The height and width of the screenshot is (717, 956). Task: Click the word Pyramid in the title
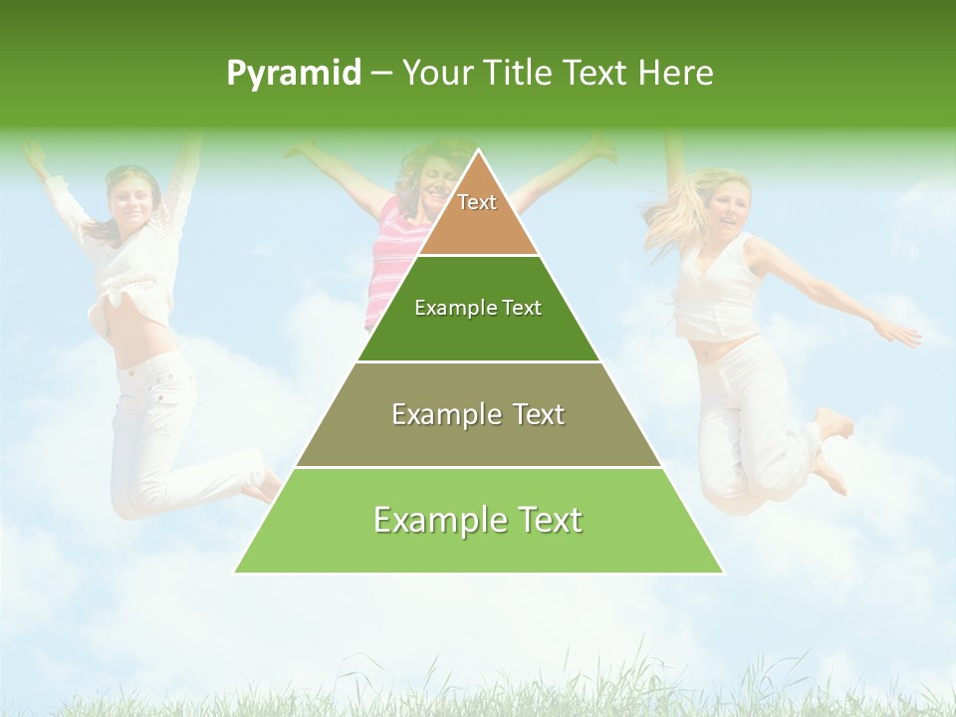point(293,74)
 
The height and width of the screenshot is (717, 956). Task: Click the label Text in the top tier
point(477,202)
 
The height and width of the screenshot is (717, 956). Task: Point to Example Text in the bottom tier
point(478,520)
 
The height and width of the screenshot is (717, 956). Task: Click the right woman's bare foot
point(835,423)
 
